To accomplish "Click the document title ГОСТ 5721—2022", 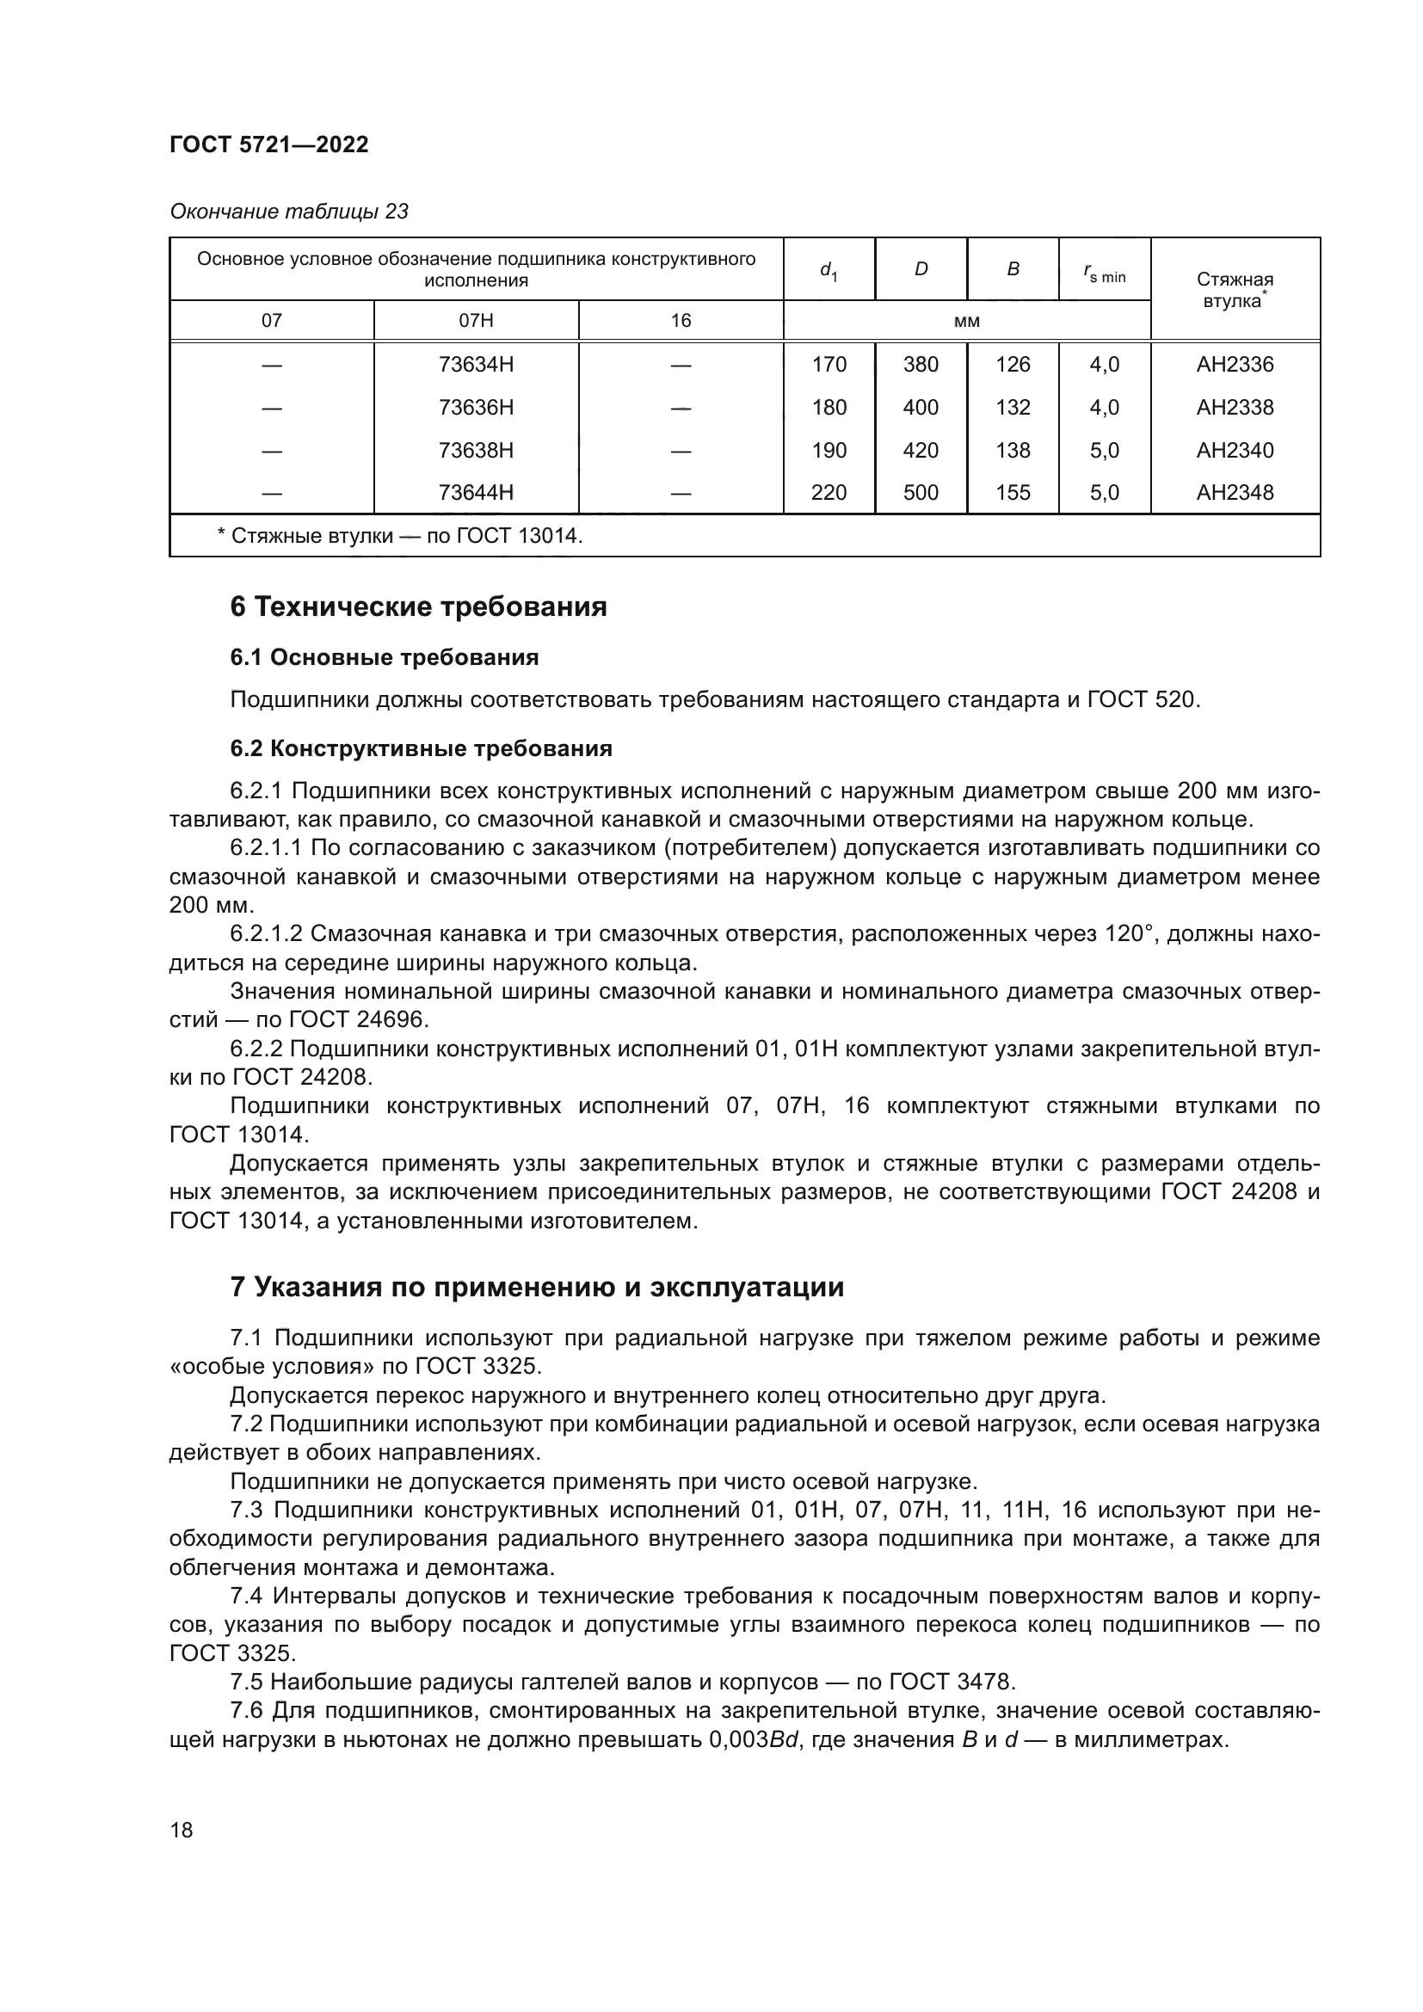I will tap(269, 145).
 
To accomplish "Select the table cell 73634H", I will tap(476, 365).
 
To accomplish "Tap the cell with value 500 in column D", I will tap(920, 493).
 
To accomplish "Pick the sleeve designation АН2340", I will tap(1235, 451).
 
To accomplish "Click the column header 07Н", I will tap(476, 321).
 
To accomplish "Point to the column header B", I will tap(1012, 270).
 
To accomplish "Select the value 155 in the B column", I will tap(1012, 493).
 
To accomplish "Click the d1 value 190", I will tap(828, 451).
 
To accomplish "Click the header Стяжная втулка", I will tap(1235, 289).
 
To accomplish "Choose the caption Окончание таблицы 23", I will tap(289, 212).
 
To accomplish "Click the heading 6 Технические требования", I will tap(418, 606).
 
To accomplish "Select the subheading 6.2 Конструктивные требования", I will tap(421, 748).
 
